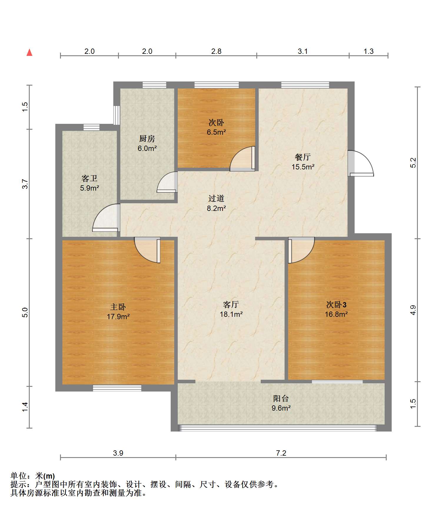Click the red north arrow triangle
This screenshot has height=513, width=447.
coord(29,53)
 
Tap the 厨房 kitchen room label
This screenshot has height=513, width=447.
coord(147,139)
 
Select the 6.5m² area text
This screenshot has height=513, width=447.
coord(216,132)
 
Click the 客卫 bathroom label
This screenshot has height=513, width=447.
coord(89,178)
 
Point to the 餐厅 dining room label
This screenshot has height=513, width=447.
coord(303,157)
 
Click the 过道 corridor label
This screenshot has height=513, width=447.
coord(216,199)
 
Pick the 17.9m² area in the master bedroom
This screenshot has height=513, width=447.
coord(118,317)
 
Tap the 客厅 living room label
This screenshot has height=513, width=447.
coord(231,304)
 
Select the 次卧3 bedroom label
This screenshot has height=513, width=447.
coord(336,304)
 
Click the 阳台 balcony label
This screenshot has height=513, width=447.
coord(281,399)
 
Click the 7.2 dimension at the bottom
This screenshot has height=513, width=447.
coord(281,453)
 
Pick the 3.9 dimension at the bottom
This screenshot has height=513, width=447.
coord(118,453)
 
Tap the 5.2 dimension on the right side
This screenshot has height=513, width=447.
coord(413,163)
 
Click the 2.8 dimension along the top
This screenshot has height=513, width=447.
coord(216,51)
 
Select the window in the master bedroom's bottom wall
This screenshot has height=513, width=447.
coord(117,388)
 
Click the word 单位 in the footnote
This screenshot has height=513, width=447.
coord(18,476)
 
